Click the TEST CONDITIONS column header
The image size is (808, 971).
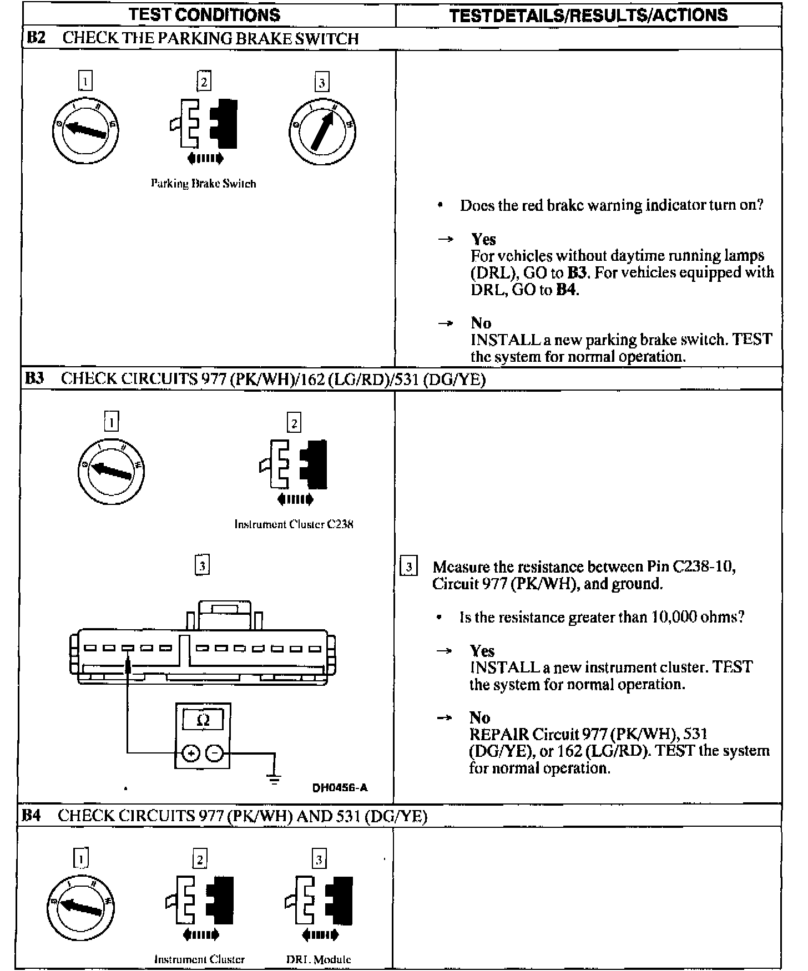[205, 14]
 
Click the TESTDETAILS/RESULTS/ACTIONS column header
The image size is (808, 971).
[588, 14]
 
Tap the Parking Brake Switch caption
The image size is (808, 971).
[204, 184]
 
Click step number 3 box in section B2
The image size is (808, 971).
[322, 83]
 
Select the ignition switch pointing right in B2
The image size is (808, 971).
[322, 132]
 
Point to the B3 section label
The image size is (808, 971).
[34, 378]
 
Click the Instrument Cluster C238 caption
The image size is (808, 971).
[294, 524]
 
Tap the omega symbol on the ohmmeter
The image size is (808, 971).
[203, 720]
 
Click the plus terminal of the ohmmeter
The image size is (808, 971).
[190, 753]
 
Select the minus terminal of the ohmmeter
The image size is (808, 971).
[215, 753]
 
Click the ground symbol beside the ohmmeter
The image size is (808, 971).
[274, 778]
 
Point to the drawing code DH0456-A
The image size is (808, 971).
[340, 788]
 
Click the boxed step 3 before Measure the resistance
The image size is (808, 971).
[409, 567]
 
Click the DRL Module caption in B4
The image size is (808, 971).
[319, 959]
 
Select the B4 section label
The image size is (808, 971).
[32, 816]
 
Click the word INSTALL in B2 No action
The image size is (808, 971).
[505, 340]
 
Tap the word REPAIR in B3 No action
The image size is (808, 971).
[499, 734]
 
